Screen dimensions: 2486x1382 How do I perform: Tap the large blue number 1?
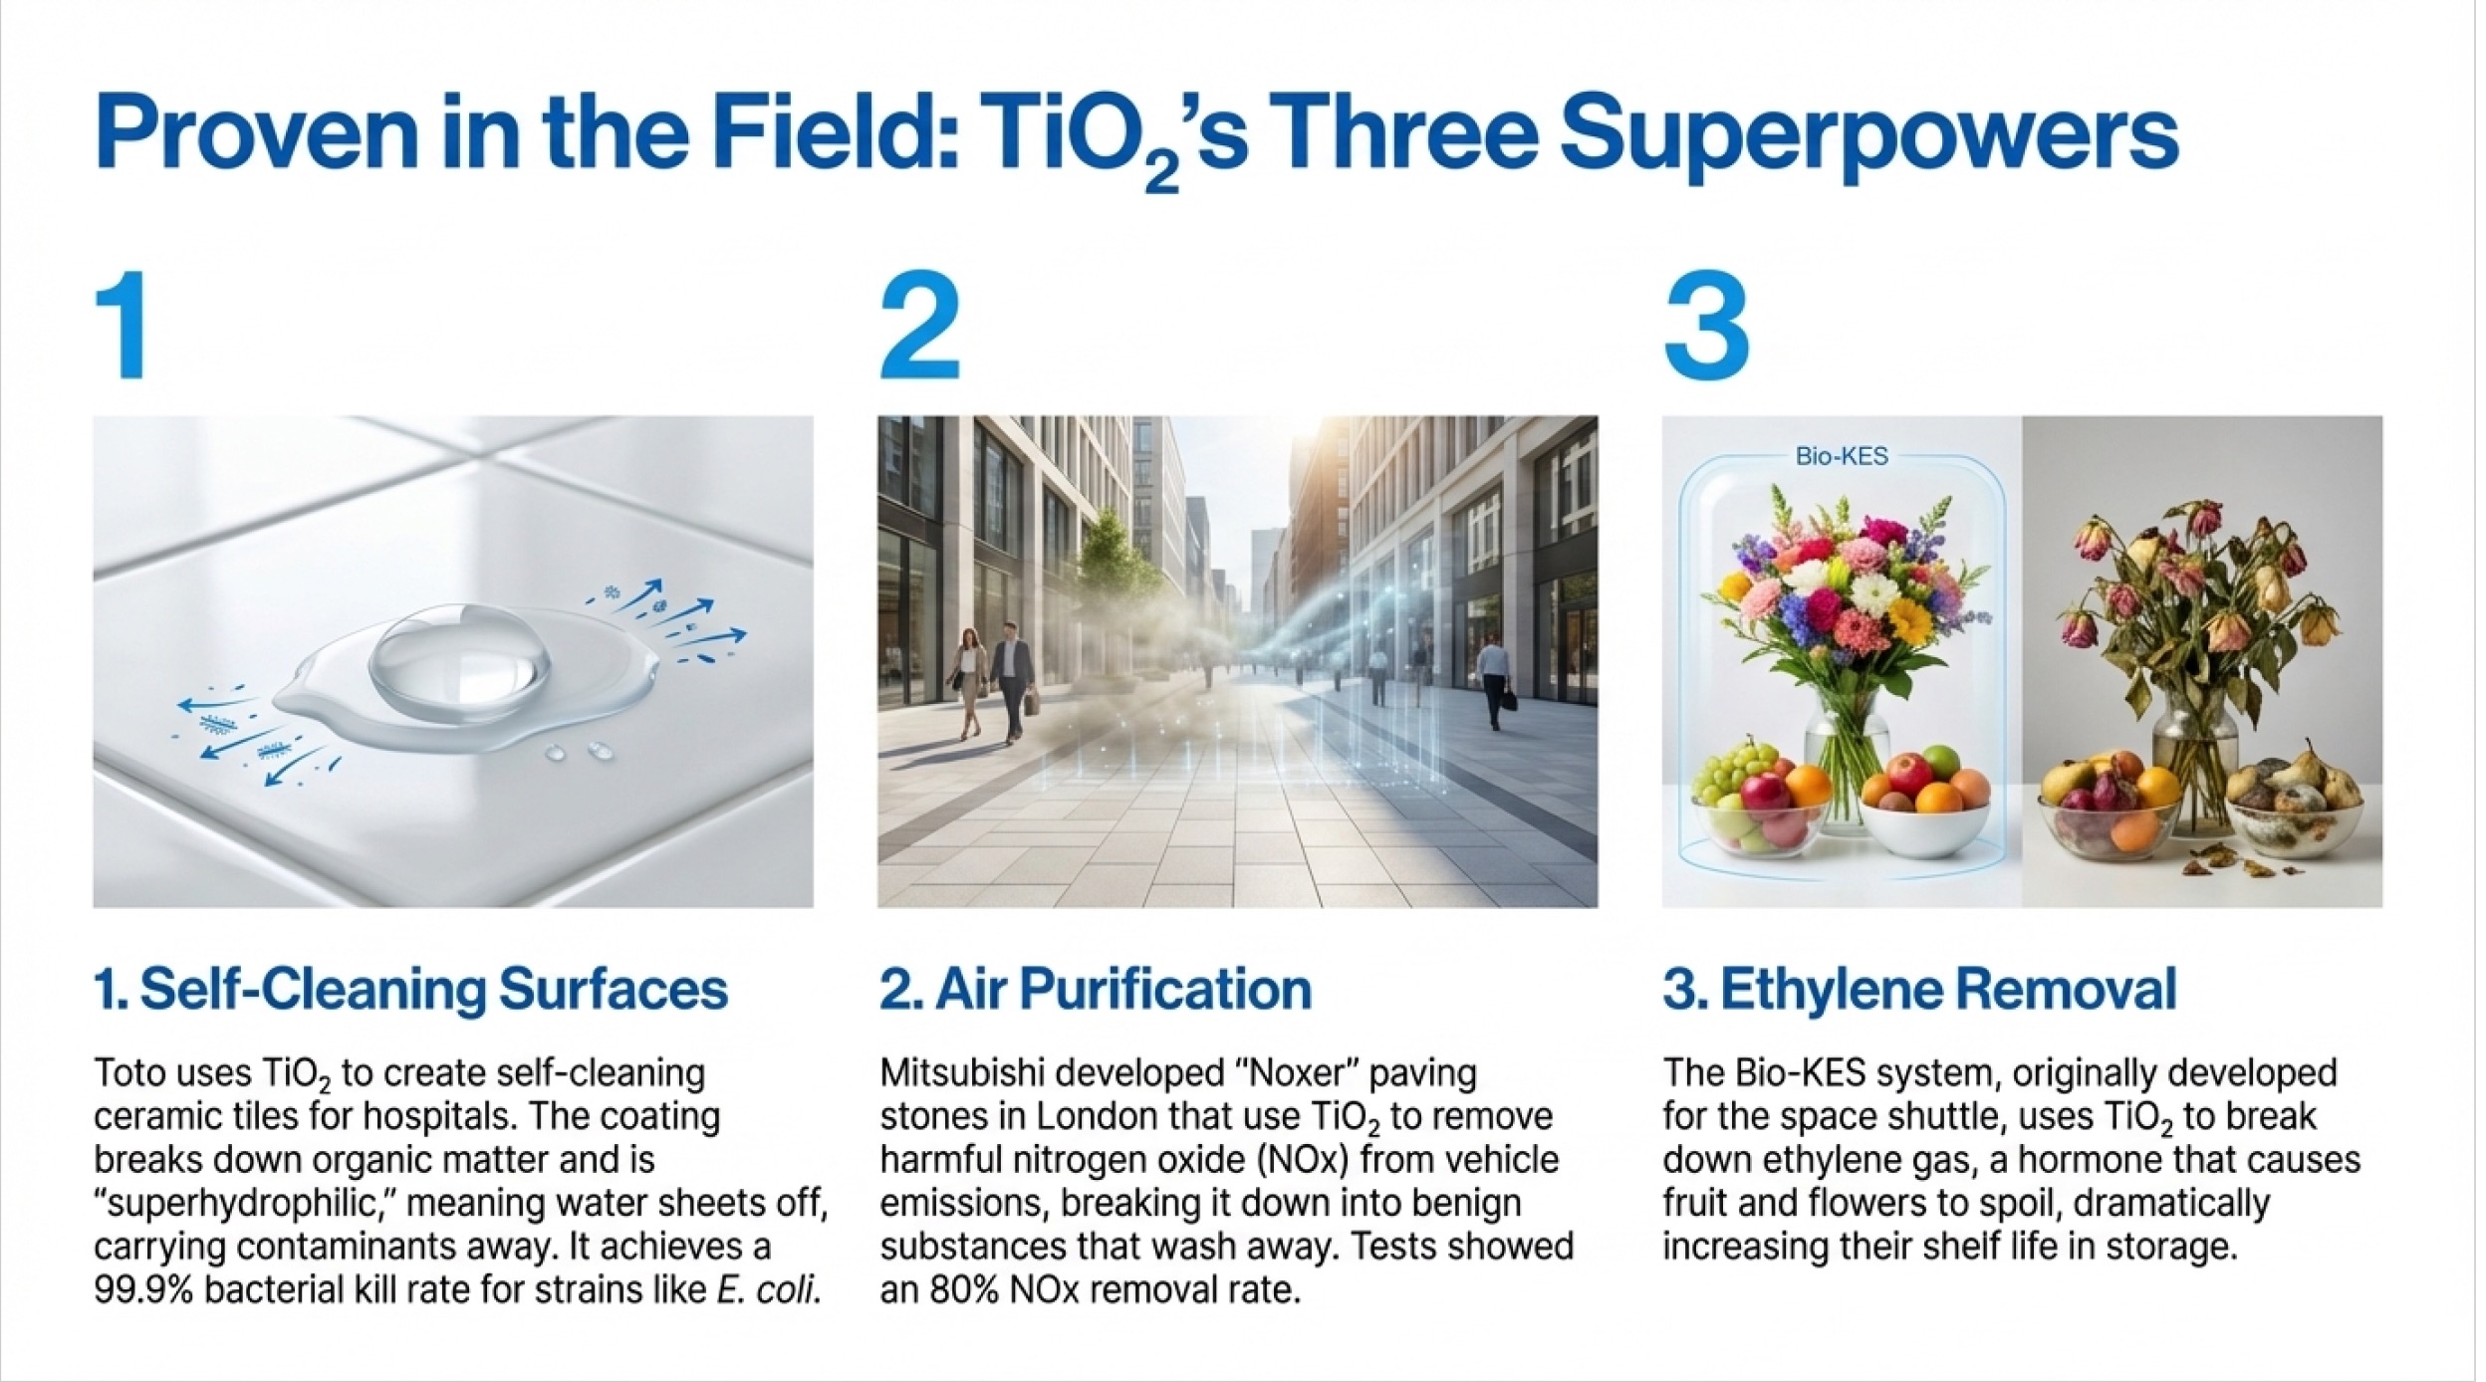pos(122,326)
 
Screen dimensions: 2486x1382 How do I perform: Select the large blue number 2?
pos(919,326)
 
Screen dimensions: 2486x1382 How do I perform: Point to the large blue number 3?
pos(1705,327)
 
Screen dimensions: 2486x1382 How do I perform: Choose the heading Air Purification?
pos(1095,990)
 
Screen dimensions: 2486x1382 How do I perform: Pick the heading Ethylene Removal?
pos(1919,990)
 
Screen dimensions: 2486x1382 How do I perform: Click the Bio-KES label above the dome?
pos(1842,457)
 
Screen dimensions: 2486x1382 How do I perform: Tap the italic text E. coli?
pos(769,1291)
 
